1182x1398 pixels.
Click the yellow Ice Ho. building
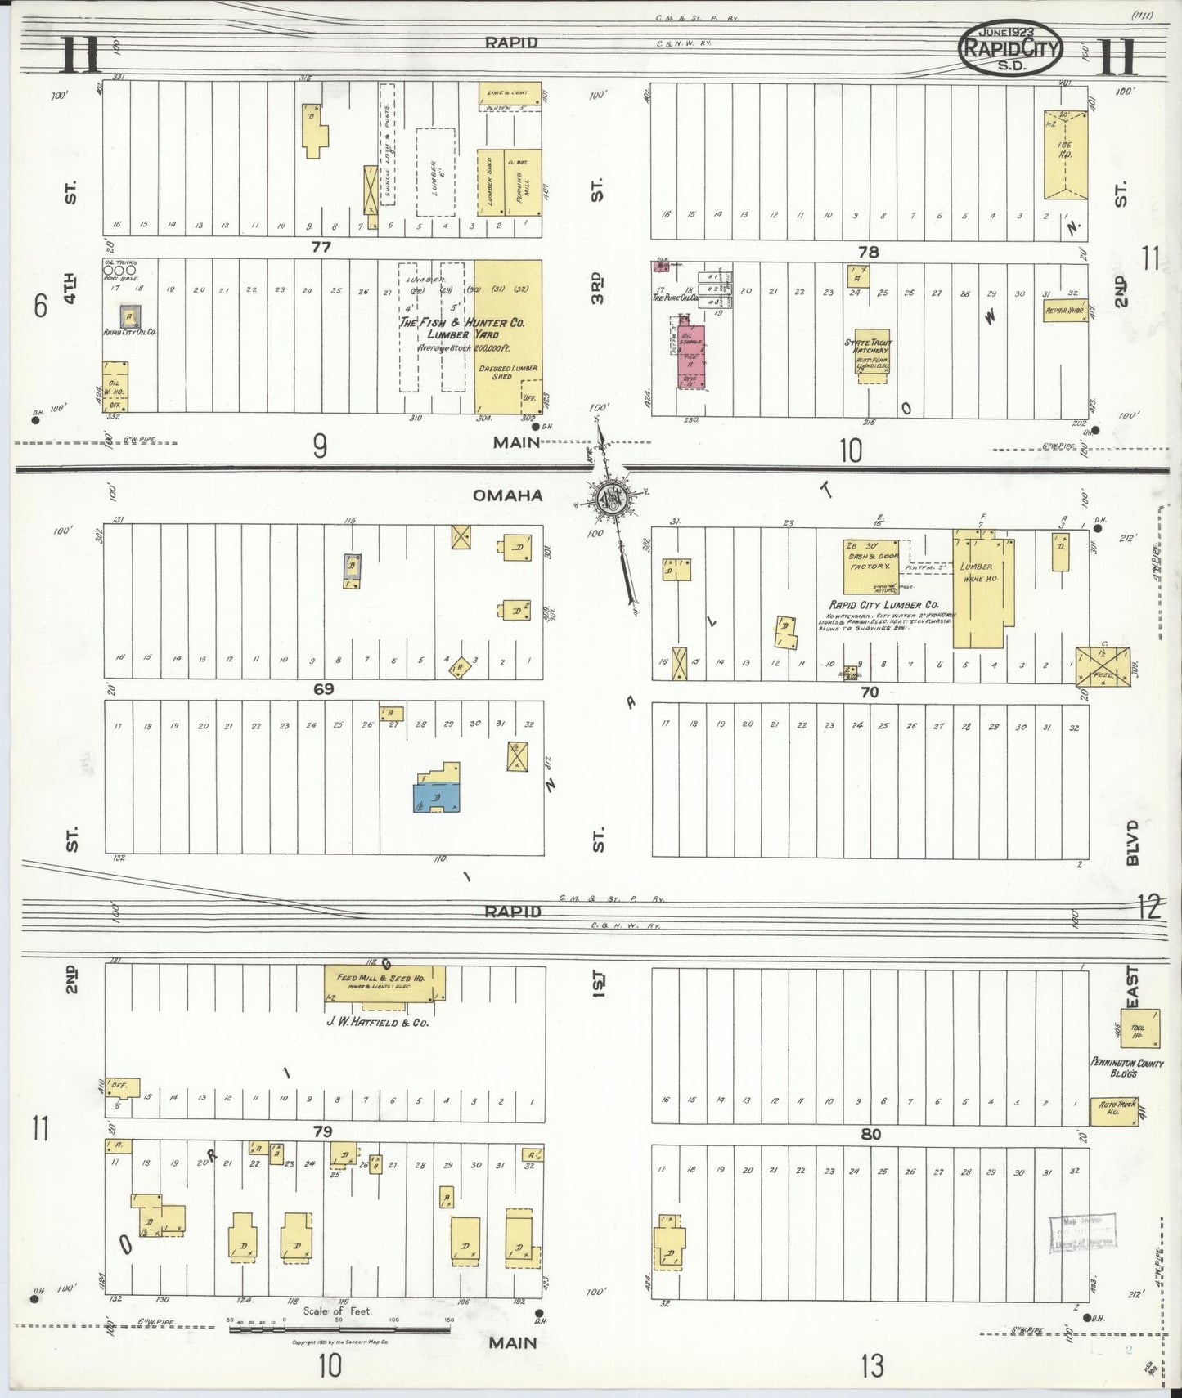coord(1066,155)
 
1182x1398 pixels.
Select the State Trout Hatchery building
coord(870,356)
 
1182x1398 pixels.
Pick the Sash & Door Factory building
coord(870,561)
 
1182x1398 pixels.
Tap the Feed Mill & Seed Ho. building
coord(384,984)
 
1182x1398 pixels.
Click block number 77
coord(321,247)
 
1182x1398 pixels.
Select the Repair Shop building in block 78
coord(1063,311)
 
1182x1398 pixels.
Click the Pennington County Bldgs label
coord(1126,1068)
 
